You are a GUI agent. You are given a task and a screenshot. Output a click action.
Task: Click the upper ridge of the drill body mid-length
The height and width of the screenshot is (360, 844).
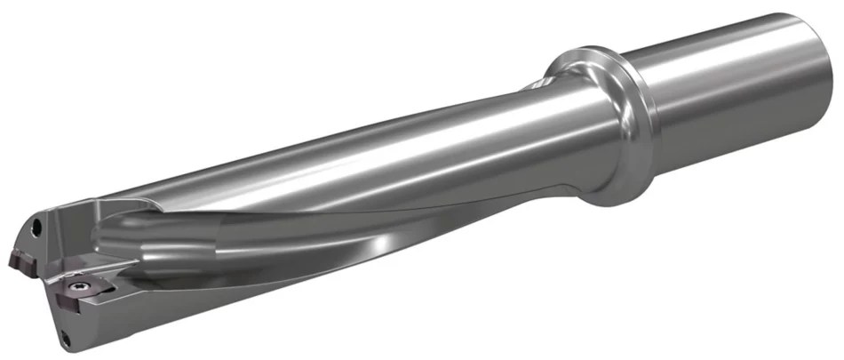(x=355, y=133)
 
